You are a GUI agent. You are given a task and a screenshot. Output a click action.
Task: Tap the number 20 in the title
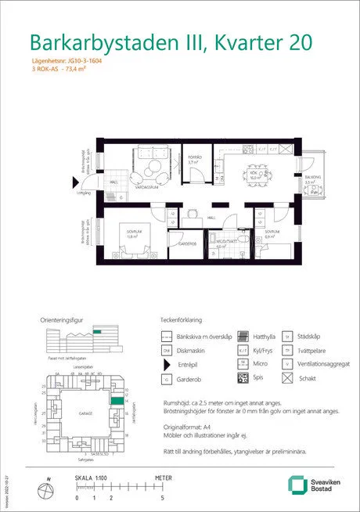[x=312, y=41]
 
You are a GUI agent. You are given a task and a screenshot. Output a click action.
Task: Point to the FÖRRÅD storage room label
[x=193, y=157]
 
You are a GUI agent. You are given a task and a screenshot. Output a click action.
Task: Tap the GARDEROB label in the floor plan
[x=186, y=243]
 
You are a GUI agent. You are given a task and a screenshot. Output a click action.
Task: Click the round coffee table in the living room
[x=153, y=171]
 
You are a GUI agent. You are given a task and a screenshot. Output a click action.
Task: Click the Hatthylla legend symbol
[x=243, y=336]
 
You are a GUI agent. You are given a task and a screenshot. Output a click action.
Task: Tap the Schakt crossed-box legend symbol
[x=287, y=378]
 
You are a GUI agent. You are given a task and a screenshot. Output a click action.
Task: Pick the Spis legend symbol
[x=243, y=378]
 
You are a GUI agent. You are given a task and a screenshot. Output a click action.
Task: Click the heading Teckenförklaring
[x=181, y=320]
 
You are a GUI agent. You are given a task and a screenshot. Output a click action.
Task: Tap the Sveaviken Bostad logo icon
[x=297, y=485]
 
